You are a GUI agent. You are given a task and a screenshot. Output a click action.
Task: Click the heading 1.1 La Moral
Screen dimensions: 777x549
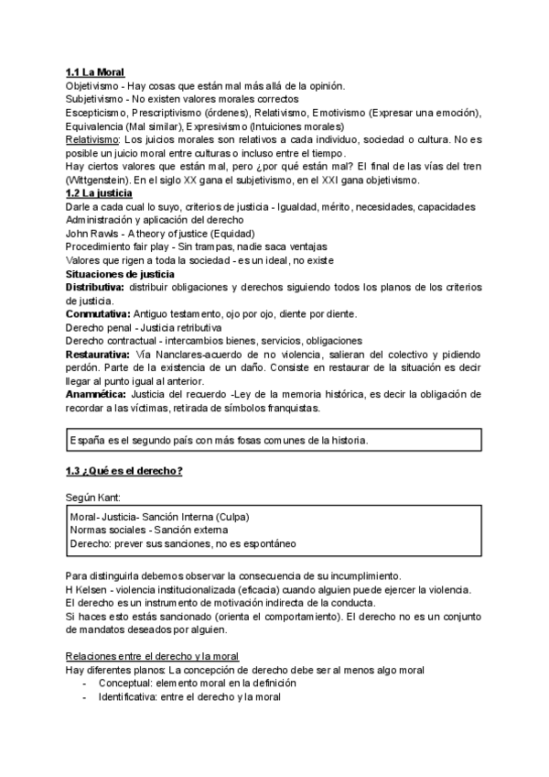(x=95, y=72)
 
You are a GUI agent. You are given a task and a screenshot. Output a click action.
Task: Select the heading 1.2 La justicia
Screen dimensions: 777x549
(x=99, y=193)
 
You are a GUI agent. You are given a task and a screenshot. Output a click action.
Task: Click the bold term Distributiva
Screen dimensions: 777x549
(x=96, y=288)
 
